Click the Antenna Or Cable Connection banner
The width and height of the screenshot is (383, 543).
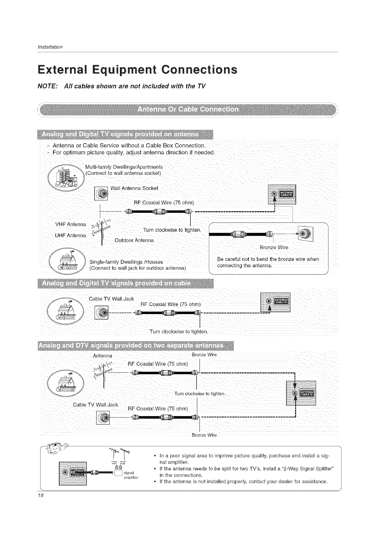click(188, 109)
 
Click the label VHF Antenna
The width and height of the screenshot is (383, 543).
click(70, 224)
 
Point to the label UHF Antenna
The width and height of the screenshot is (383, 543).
click(70, 235)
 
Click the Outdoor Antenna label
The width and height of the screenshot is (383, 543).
click(134, 241)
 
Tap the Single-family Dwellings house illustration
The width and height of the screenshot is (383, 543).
click(67, 262)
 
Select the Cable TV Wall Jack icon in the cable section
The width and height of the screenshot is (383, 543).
click(102, 312)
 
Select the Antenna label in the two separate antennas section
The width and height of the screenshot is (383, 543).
click(102, 356)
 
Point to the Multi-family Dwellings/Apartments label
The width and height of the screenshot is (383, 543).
click(124, 167)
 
